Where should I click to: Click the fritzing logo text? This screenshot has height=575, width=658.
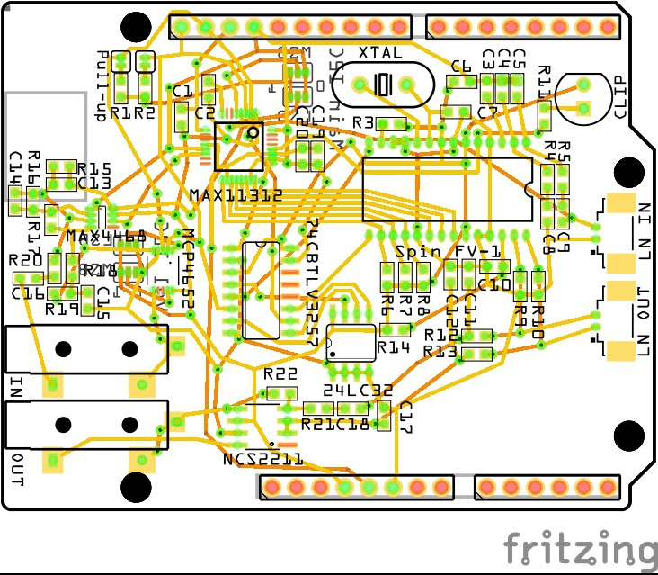(580, 547)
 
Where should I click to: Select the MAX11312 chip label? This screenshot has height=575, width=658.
(236, 195)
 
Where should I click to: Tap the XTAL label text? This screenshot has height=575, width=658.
(380, 53)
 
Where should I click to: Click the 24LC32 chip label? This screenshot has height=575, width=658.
(346, 390)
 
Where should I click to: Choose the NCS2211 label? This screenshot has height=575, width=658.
(262, 459)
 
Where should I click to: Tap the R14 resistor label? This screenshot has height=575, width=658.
(393, 346)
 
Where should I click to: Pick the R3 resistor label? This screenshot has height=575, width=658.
(363, 121)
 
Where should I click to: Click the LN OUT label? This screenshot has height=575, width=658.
(644, 322)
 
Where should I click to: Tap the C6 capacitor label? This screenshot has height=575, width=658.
(461, 67)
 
